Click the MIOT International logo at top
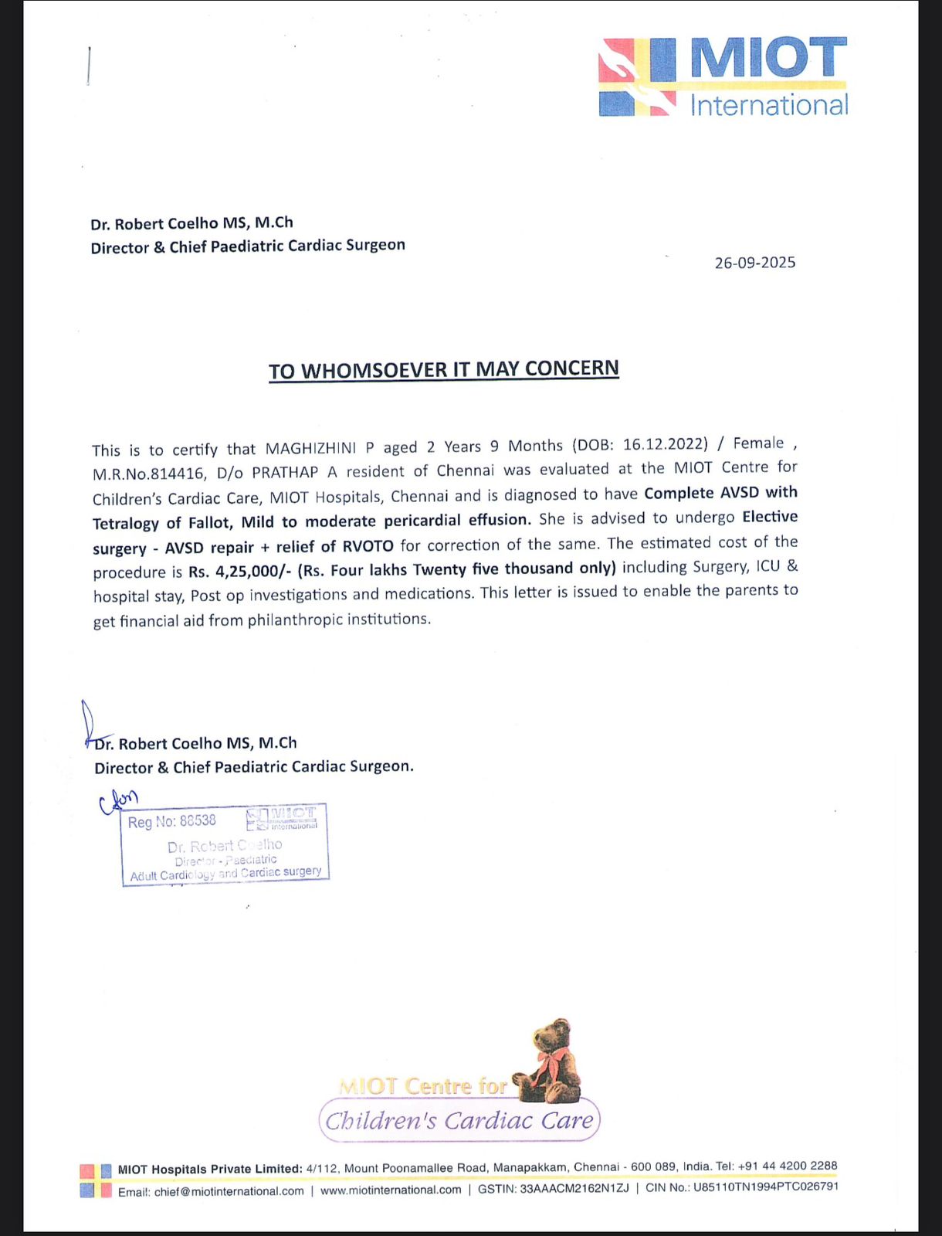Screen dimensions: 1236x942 pos(723,77)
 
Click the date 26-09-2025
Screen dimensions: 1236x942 pos(754,263)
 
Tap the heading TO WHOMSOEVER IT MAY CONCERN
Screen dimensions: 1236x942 pos(444,370)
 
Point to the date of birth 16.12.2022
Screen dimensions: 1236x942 pos(665,444)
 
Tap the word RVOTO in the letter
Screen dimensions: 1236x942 pos(368,546)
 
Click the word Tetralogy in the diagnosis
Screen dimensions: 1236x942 pos(126,523)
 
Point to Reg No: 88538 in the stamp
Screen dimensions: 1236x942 pos(172,821)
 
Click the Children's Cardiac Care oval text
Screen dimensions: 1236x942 pos(459,1120)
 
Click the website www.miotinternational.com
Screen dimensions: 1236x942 pos(391,1190)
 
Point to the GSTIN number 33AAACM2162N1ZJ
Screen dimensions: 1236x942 pos(574,1188)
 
